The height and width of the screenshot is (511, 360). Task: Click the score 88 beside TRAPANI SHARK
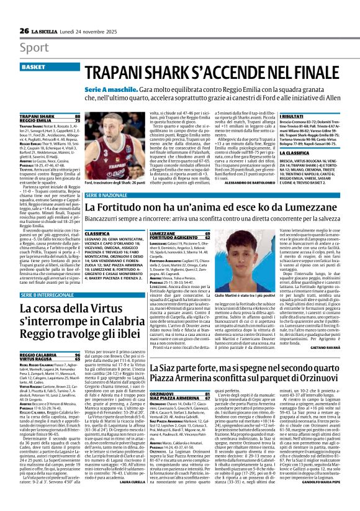click(77, 116)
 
